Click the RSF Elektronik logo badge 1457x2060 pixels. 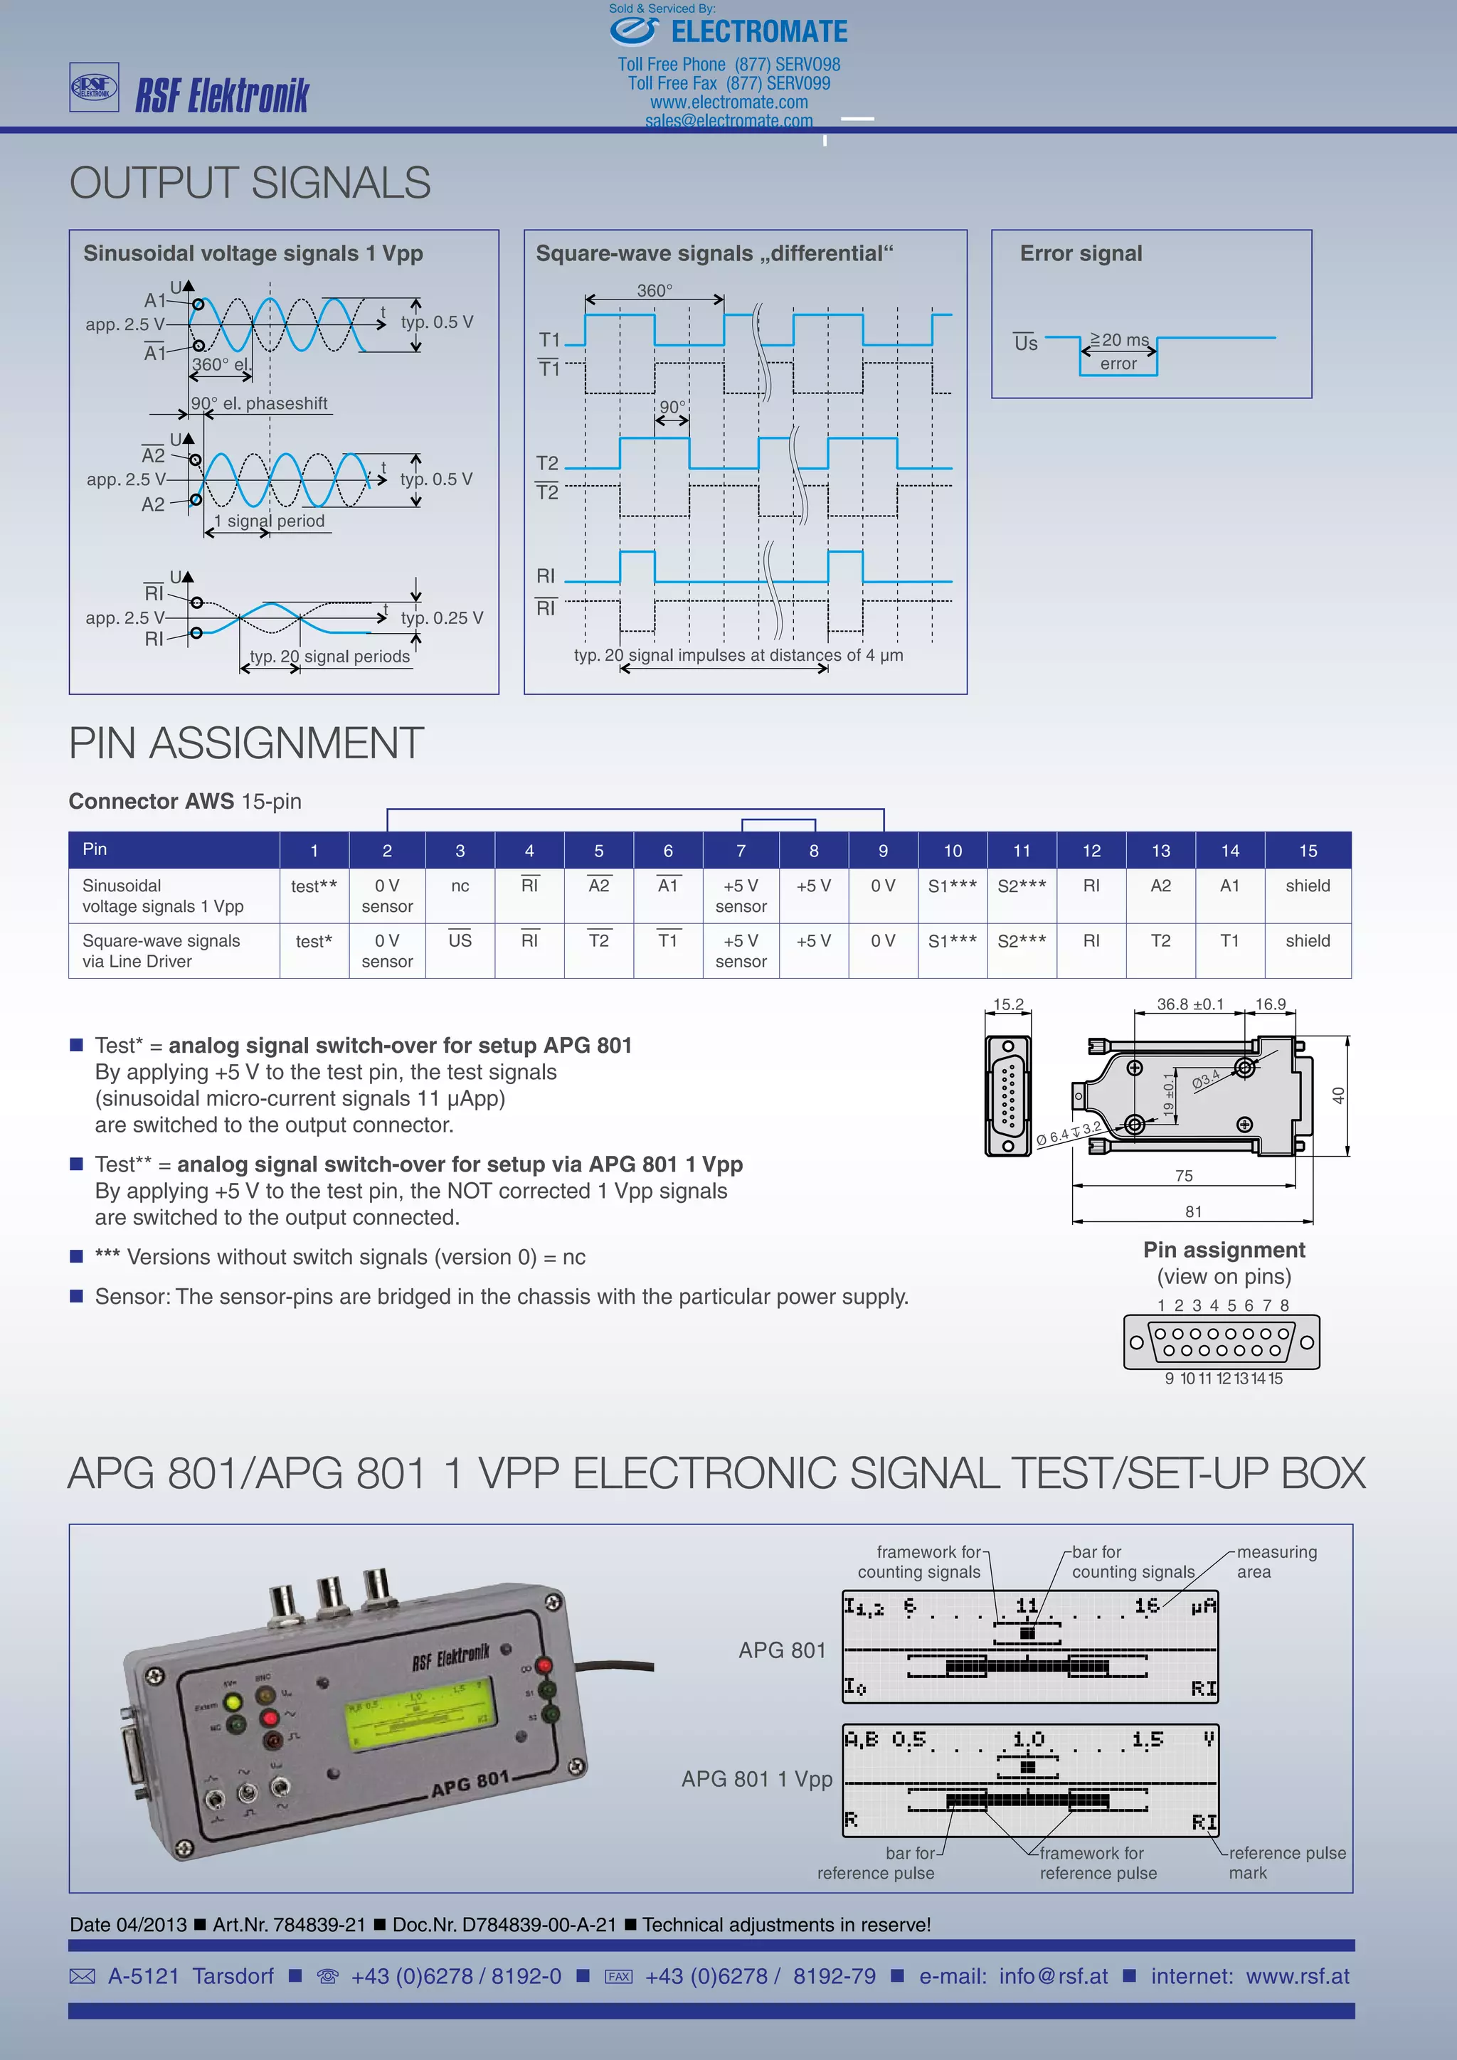[94, 87]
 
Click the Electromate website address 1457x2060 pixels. [728, 102]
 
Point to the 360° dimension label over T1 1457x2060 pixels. [654, 291]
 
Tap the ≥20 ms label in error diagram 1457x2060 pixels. [1120, 340]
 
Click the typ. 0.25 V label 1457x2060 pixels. [441, 618]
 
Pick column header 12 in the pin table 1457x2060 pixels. [1091, 851]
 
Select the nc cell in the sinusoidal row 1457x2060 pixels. [460, 886]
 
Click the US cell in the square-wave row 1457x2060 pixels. [460, 940]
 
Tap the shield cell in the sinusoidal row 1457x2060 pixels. [1307, 886]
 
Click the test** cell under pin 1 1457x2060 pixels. [314, 886]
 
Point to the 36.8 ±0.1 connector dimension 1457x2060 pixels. [1190, 1004]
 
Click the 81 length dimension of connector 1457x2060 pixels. [1192, 1212]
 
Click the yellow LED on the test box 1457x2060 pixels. [233, 1702]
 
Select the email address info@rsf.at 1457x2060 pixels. [1054, 1977]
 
